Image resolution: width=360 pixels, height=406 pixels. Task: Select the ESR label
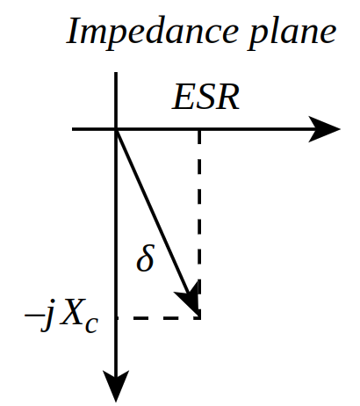[x=205, y=98]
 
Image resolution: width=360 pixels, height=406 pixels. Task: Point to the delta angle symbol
[x=145, y=257]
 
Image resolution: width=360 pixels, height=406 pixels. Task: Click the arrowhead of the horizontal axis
[x=324, y=129]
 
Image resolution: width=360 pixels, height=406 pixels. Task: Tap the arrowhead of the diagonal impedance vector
[x=190, y=301]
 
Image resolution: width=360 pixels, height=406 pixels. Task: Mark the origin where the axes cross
[x=116, y=129]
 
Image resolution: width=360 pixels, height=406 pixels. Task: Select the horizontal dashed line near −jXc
[x=158, y=318]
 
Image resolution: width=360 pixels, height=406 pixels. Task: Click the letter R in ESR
[x=228, y=98]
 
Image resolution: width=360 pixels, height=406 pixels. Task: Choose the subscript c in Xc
[x=91, y=325]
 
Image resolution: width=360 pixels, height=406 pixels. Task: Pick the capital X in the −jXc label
[x=72, y=312]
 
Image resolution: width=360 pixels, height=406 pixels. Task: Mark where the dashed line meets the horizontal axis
[x=199, y=129]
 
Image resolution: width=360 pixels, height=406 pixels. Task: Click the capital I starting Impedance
[x=76, y=31]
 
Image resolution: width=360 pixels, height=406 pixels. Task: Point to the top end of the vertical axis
[x=116, y=73]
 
